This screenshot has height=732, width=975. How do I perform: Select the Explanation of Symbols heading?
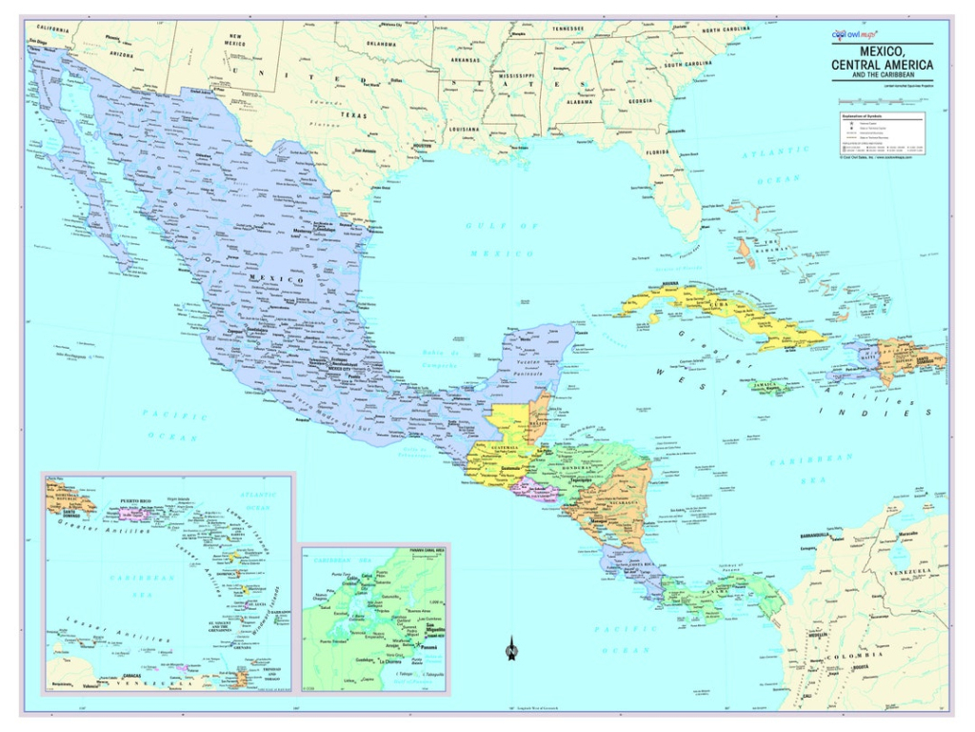pos(861,116)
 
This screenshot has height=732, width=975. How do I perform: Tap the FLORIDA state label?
pos(658,152)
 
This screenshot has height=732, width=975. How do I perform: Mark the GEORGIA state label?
pos(640,101)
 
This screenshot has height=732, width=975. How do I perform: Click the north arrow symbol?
pos(511,649)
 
